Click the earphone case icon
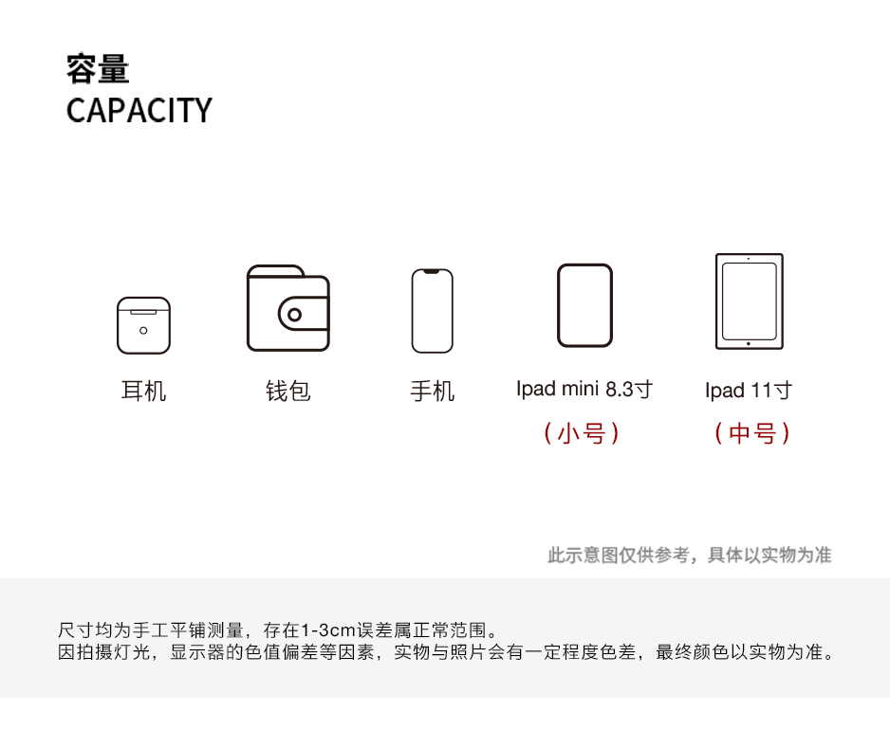coord(143,325)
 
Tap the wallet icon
coord(287,309)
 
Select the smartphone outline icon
coord(432,311)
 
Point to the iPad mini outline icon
coord(584,305)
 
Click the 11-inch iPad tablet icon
coord(749,301)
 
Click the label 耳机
coord(143,391)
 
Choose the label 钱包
coord(287,391)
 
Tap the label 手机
coord(432,391)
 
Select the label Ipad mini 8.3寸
coord(584,389)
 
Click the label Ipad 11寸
coord(749,390)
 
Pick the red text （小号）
coord(582,433)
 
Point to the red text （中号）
coord(752,433)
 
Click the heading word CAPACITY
coord(139,110)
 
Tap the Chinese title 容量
coord(98,69)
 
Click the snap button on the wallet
coord(295,315)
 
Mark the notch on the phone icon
coord(432,273)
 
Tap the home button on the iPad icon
coord(749,343)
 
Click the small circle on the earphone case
coord(143,331)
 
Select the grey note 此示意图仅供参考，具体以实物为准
coord(689,555)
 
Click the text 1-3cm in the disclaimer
coord(327,630)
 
